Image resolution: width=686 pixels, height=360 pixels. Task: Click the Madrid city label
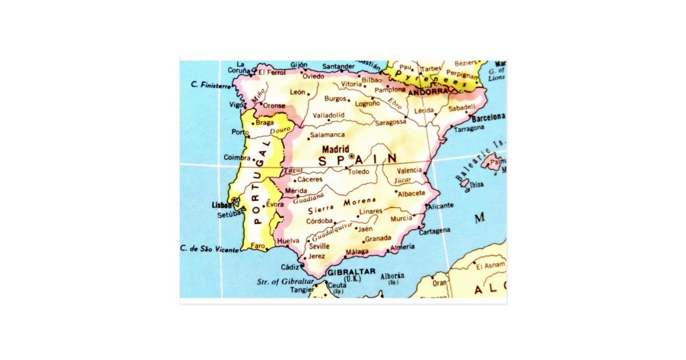click(336, 149)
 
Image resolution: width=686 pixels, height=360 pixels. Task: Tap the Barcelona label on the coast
click(488, 117)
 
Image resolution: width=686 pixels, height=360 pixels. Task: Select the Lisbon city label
click(221, 205)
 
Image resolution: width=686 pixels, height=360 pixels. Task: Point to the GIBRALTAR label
click(352, 271)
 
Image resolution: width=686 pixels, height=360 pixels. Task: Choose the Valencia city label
click(409, 170)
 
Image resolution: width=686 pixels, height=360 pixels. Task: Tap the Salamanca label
click(327, 135)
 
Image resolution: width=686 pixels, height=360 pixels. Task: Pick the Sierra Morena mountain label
click(342, 206)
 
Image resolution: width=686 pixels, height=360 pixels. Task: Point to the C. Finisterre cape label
click(212, 86)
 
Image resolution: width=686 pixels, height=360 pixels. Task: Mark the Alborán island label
click(392, 276)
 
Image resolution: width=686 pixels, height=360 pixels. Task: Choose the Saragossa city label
click(390, 122)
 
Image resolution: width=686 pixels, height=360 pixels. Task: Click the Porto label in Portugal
click(241, 132)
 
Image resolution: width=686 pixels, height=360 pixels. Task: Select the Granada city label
click(378, 238)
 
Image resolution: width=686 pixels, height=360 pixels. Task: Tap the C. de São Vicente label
click(209, 249)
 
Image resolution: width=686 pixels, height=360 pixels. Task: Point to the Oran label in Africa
click(439, 283)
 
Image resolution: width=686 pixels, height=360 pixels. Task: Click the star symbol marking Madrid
click(351, 157)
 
